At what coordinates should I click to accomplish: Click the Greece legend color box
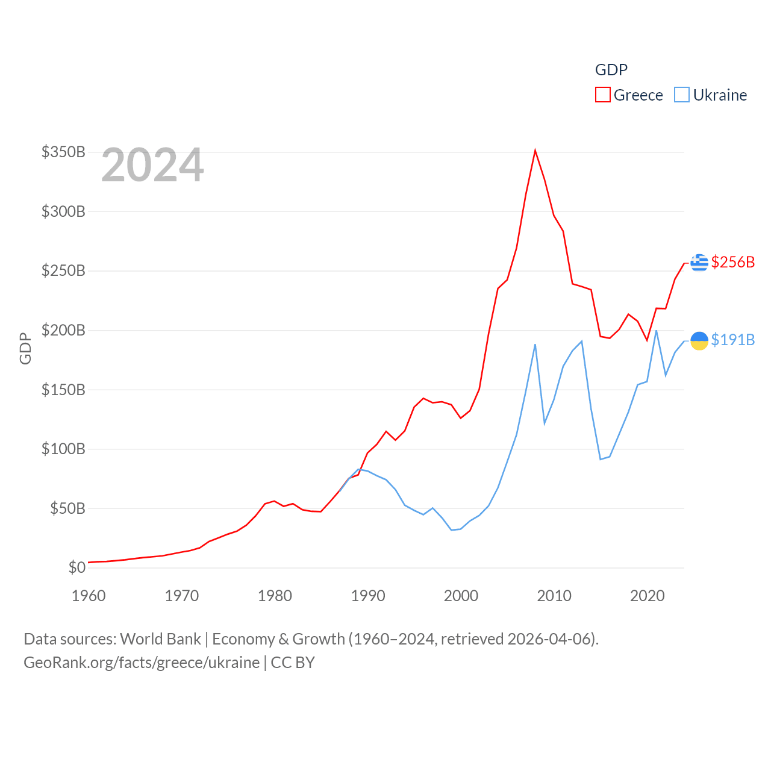pyautogui.click(x=602, y=95)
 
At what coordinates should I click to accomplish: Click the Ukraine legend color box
pyautogui.click(x=681, y=95)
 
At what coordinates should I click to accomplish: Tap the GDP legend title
pyautogui.click(x=611, y=70)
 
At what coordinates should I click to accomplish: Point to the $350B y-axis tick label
pyautogui.click(x=63, y=152)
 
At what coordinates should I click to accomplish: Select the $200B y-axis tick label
pyautogui.click(x=63, y=330)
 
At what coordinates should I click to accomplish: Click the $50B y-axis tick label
pyautogui.click(x=67, y=508)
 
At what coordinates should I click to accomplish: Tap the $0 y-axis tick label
pyautogui.click(x=77, y=567)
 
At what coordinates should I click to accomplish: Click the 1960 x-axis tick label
pyautogui.click(x=89, y=596)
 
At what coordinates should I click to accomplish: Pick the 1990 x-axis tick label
pyautogui.click(x=368, y=596)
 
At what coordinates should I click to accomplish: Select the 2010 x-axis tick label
pyautogui.click(x=554, y=596)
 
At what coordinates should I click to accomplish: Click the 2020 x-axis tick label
pyautogui.click(x=648, y=596)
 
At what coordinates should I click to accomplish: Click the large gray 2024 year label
pyautogui.click(x=152, y=165)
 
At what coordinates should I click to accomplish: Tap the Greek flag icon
pyautogui.click(x=699, y=263)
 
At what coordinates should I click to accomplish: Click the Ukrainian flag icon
pyautogui.click(x=699, y=340)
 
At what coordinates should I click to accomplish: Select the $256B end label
pyautogui.click(x=732, y=262)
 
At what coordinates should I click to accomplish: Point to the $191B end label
pyautogui.click(x=732, y=340)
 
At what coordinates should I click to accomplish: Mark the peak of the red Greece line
pyautogui.click(x=535, y=151)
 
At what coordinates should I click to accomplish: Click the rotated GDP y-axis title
pyautogui.click(x=25, y=348)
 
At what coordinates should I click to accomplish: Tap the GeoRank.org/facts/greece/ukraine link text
pyautogui.click(x=142, y=663)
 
